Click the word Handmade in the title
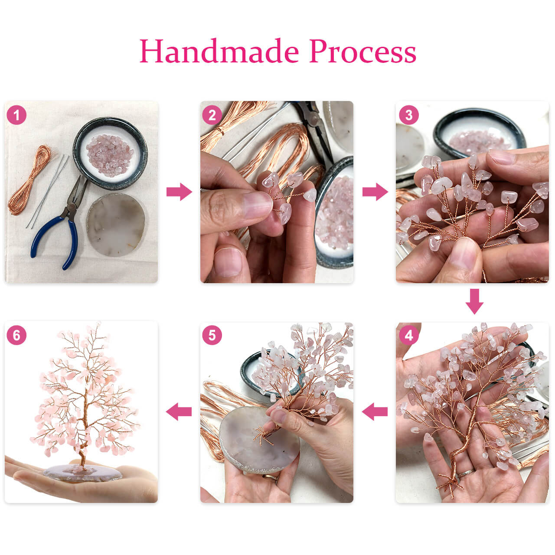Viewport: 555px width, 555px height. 219,51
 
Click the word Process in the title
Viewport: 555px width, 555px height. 362,51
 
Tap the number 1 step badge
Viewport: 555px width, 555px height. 16,115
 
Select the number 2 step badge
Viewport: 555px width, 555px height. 212,115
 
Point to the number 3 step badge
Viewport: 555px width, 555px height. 409,115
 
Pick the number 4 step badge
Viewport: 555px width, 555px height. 409,335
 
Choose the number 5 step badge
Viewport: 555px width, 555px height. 212,335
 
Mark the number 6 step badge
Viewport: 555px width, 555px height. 16,335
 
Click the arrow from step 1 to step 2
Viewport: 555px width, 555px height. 179,192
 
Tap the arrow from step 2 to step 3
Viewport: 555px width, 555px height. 375,192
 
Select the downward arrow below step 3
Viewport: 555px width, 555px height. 474,301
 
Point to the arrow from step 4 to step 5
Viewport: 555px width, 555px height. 375,412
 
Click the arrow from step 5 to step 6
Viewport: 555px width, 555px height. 179,412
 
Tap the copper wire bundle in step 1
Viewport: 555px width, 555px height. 29,181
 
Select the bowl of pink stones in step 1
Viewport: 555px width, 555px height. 110,153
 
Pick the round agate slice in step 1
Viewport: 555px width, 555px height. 116,225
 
